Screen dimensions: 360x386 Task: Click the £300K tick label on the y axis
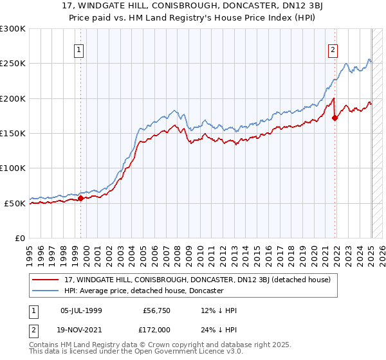point(13,29)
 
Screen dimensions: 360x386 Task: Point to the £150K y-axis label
point(13,134)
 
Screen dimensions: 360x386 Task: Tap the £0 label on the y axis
point(21,238)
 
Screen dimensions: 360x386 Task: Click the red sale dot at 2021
point(335,118)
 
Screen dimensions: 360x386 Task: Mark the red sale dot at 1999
point(80,199)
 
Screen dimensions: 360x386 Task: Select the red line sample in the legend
point(47,280)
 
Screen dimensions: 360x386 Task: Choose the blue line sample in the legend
point(47,291)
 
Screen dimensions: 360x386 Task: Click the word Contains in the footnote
point(44,346)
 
